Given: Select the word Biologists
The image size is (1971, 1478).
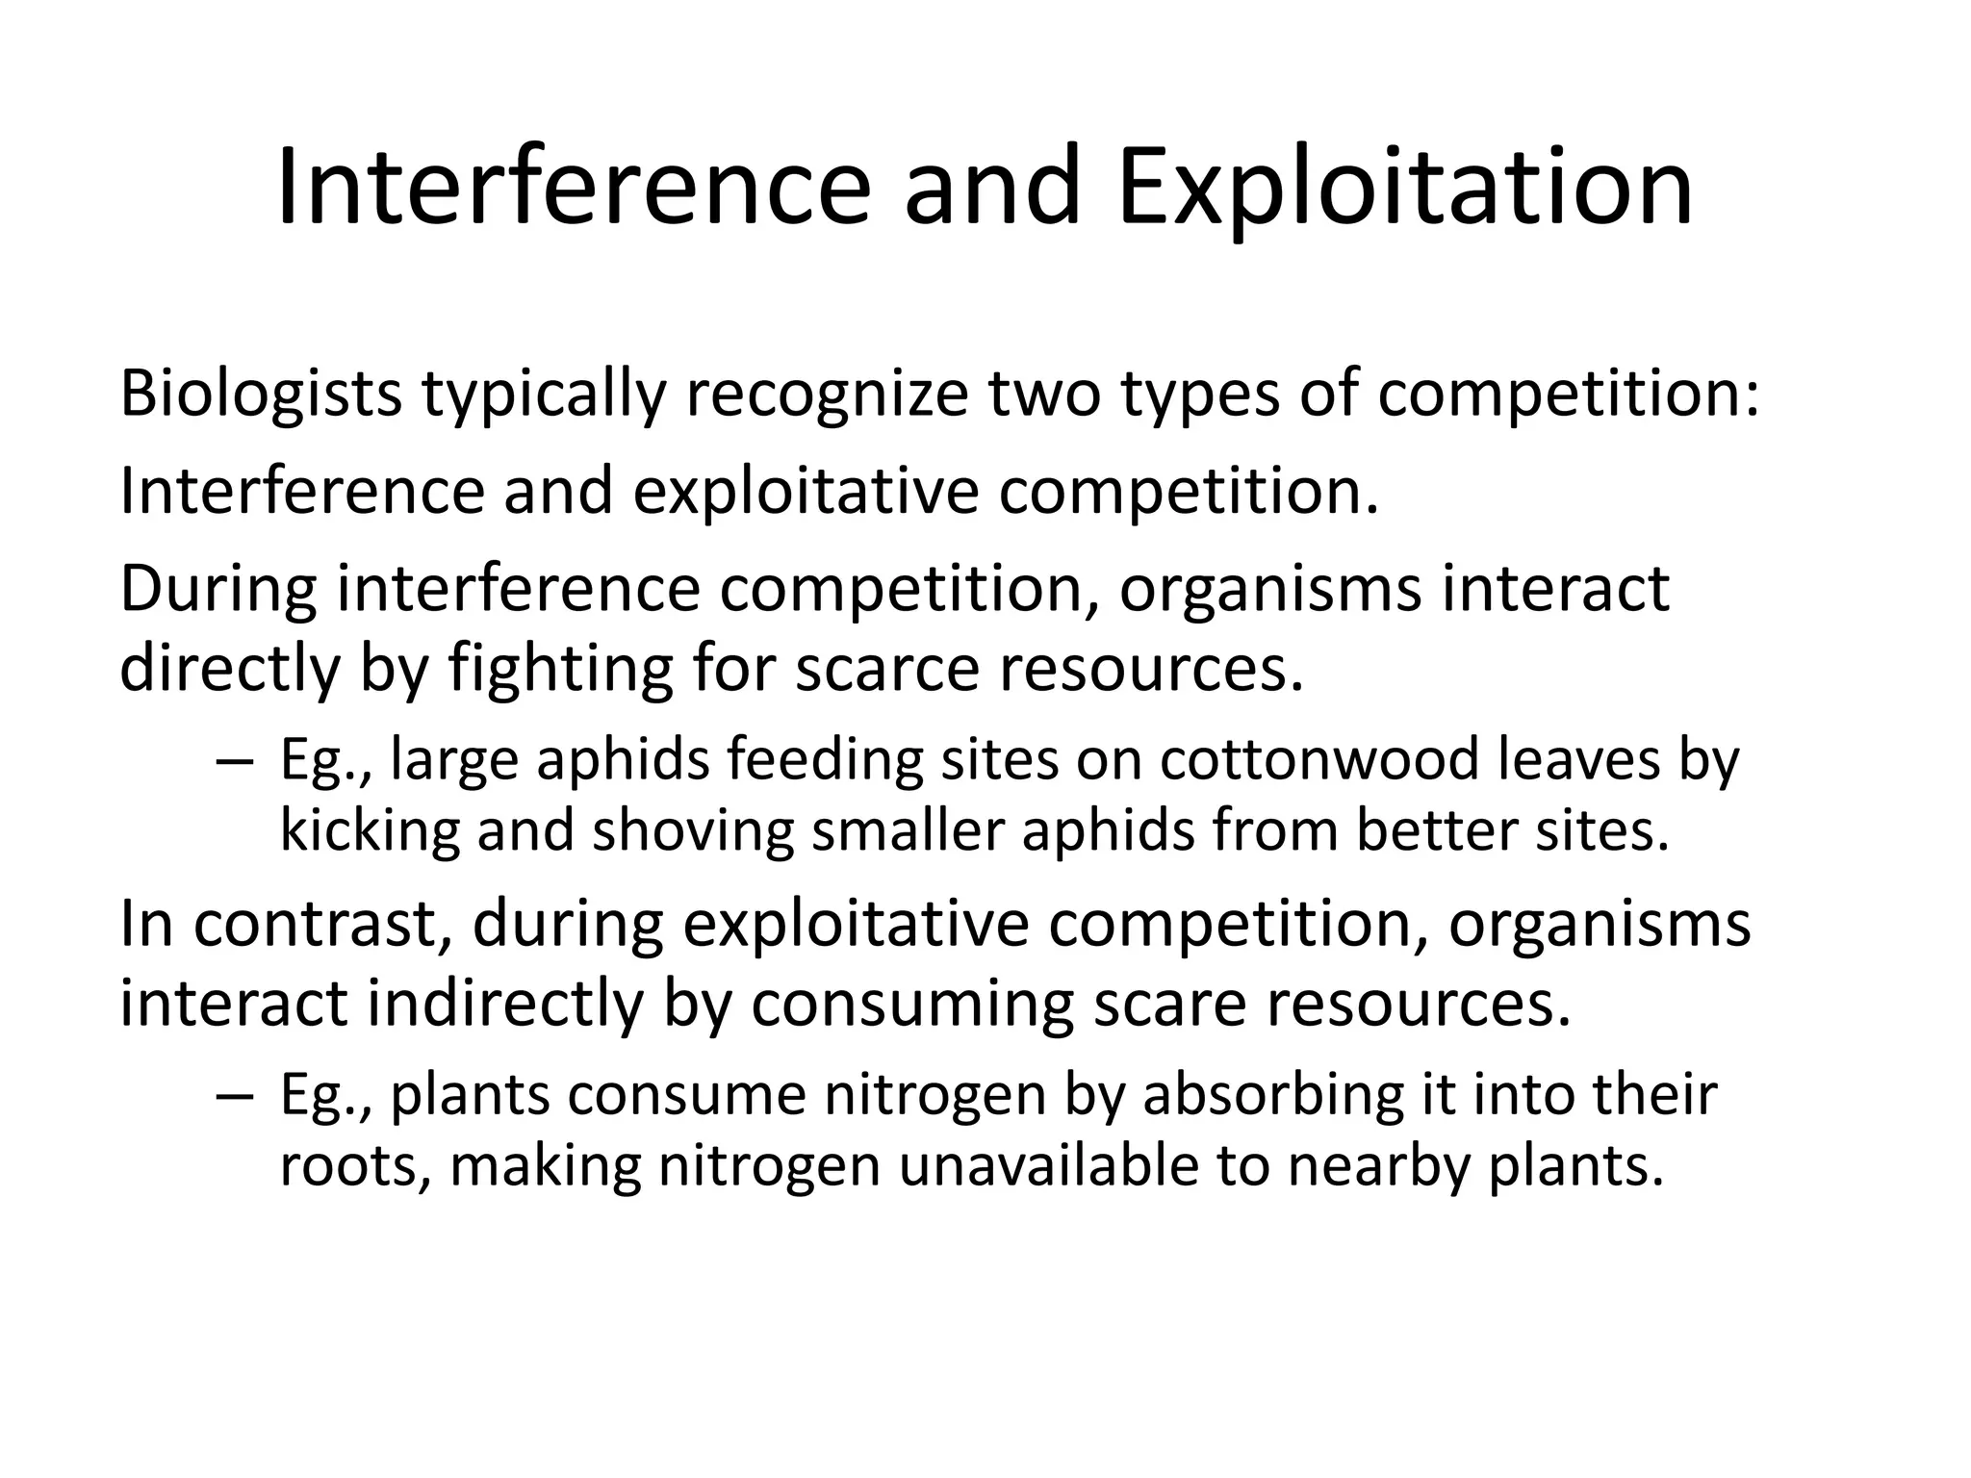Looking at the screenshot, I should point(260,395).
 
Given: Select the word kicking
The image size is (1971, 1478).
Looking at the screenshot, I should point(370,831).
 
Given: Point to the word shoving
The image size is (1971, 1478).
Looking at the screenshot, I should point(693,831).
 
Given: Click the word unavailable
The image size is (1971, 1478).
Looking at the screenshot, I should point(1048,1166).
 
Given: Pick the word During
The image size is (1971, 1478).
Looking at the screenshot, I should point(218,589).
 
